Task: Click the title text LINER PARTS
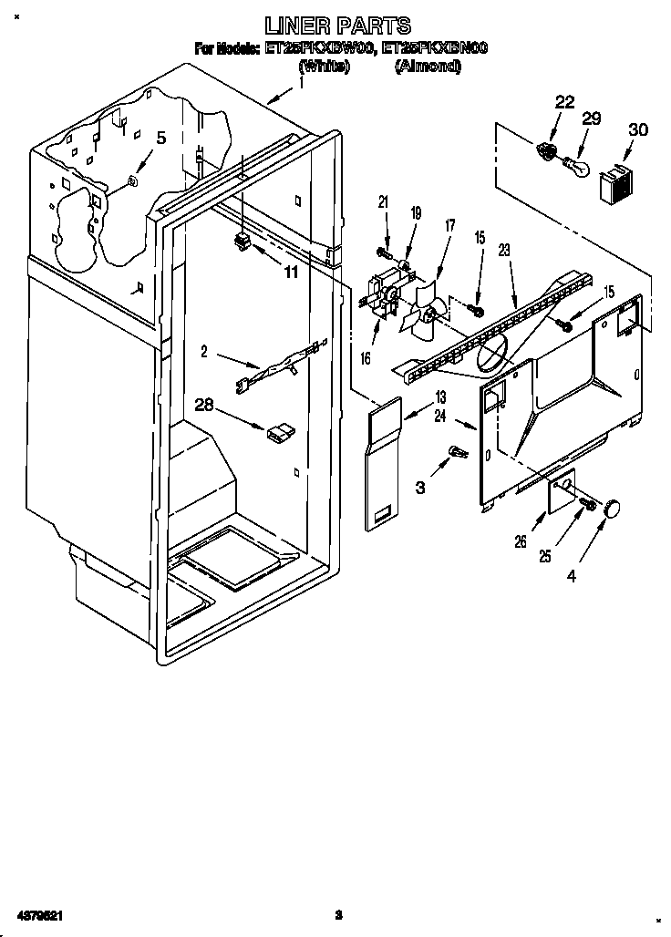[x=337, y=26]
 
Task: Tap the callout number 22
[x=564, y=102]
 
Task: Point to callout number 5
[x=161, y=139]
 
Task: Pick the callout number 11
[x=290, y=271]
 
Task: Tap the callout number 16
[x=366, y=359]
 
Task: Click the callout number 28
[x=205, y=405]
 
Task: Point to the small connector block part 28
[x=279, y=432]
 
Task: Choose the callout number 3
[x=420, y=488]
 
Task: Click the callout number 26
[x=521, y=541]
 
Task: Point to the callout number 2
[x=205, y=349]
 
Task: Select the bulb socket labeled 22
[x=548, y=151]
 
